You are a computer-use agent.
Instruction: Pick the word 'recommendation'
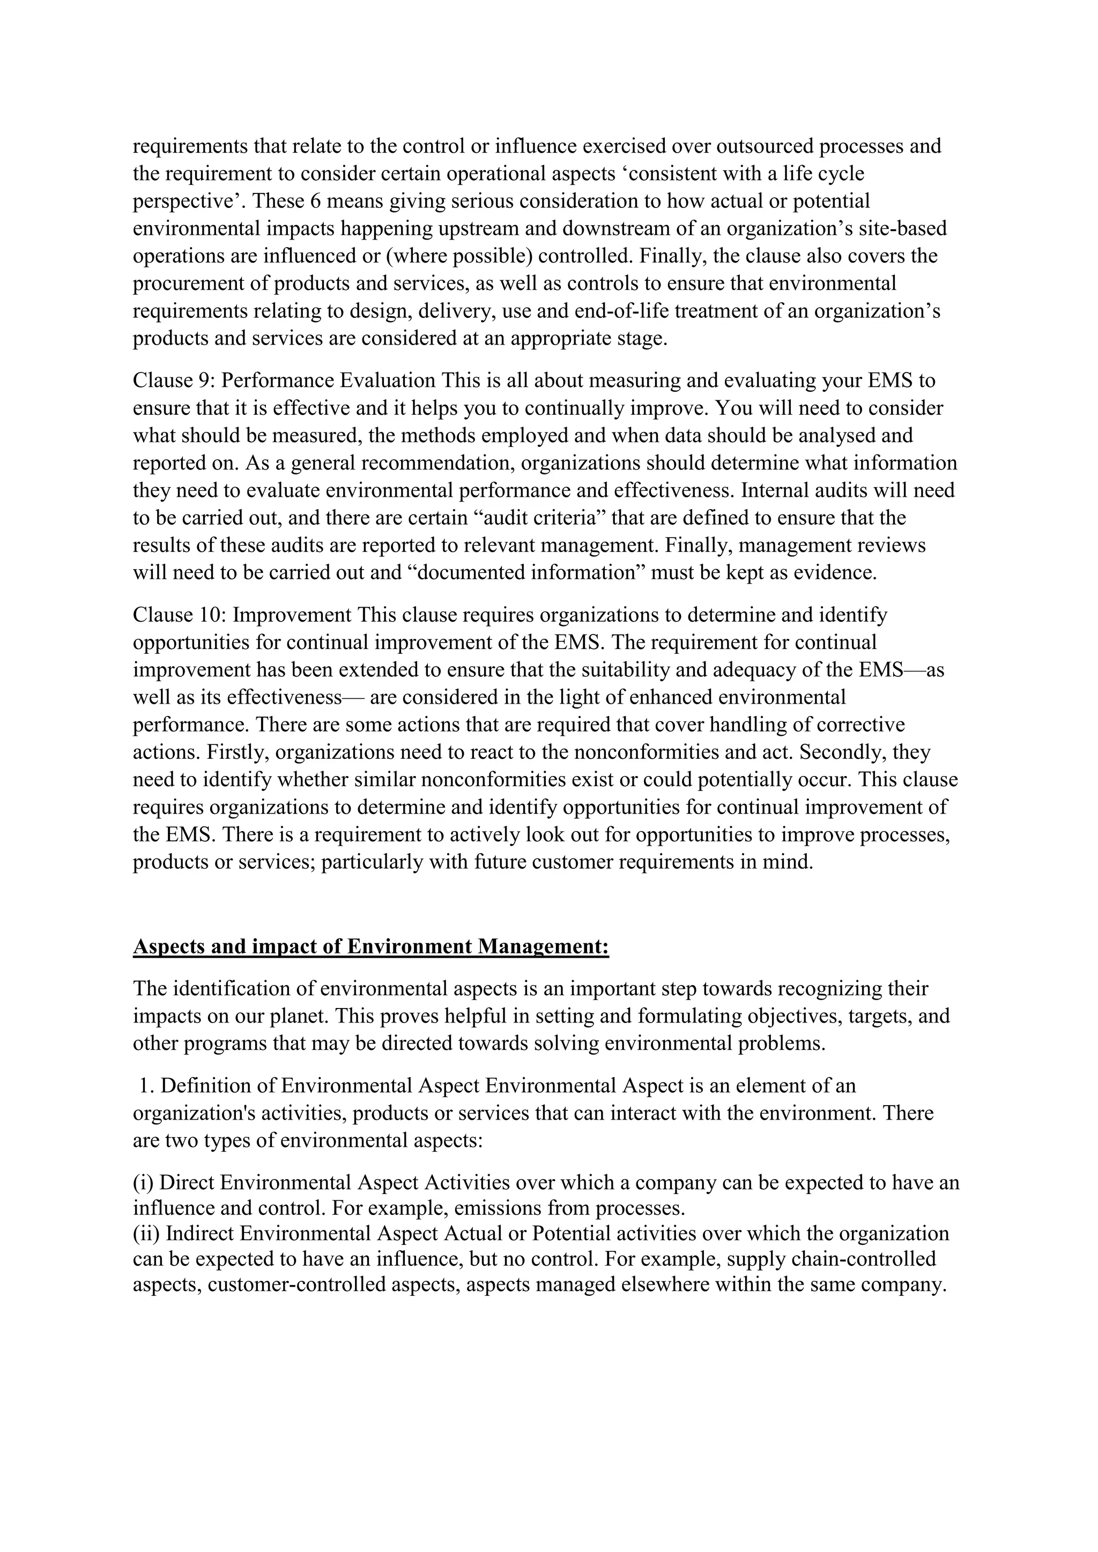tap(437, 464)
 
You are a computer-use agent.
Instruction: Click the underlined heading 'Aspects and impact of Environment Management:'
tap(370, 947)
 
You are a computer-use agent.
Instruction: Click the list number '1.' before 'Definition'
tap(147, 1086)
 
